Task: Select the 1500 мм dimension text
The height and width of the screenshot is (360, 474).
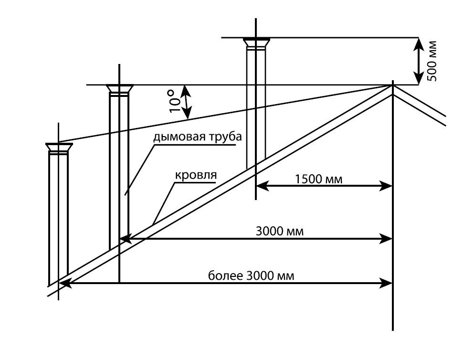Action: pyautogui.click(x=319, y=179)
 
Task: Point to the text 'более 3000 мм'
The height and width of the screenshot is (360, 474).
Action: pyautogui.click(x=251, y=275)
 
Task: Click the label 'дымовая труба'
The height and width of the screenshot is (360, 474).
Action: pyautogui.click(x=198, y=137)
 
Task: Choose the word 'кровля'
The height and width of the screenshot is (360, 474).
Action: pyautogui.click(x=196, y=175)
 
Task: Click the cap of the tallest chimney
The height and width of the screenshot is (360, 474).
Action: pyautogui.click(x=256, y=42)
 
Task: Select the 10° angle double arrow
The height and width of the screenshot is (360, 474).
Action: pyautogui.click(x=188, y=102)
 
